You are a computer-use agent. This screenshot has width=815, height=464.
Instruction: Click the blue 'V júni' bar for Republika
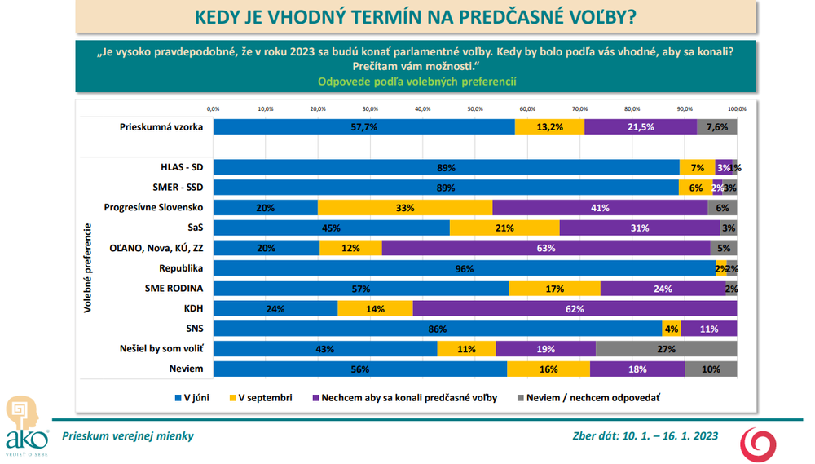(465, 268)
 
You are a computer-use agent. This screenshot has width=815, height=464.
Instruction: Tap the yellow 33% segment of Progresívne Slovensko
(405, 208)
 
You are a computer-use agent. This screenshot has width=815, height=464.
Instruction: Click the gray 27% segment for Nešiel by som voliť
(667, 349)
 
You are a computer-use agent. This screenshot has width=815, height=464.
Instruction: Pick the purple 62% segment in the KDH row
(575, 309)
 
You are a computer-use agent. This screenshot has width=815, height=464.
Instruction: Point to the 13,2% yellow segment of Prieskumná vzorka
(550, 127)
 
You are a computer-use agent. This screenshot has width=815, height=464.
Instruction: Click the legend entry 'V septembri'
(265, 398)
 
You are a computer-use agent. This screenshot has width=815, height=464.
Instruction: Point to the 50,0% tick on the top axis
(475, 108)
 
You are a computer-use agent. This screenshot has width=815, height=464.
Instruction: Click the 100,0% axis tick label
(737, 108)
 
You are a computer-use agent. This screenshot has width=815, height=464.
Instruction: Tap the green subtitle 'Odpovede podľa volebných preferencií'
(416, 82)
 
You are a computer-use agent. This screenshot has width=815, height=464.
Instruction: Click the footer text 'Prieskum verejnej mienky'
(134, 436)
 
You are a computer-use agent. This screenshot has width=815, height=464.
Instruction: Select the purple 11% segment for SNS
(708, 329)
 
